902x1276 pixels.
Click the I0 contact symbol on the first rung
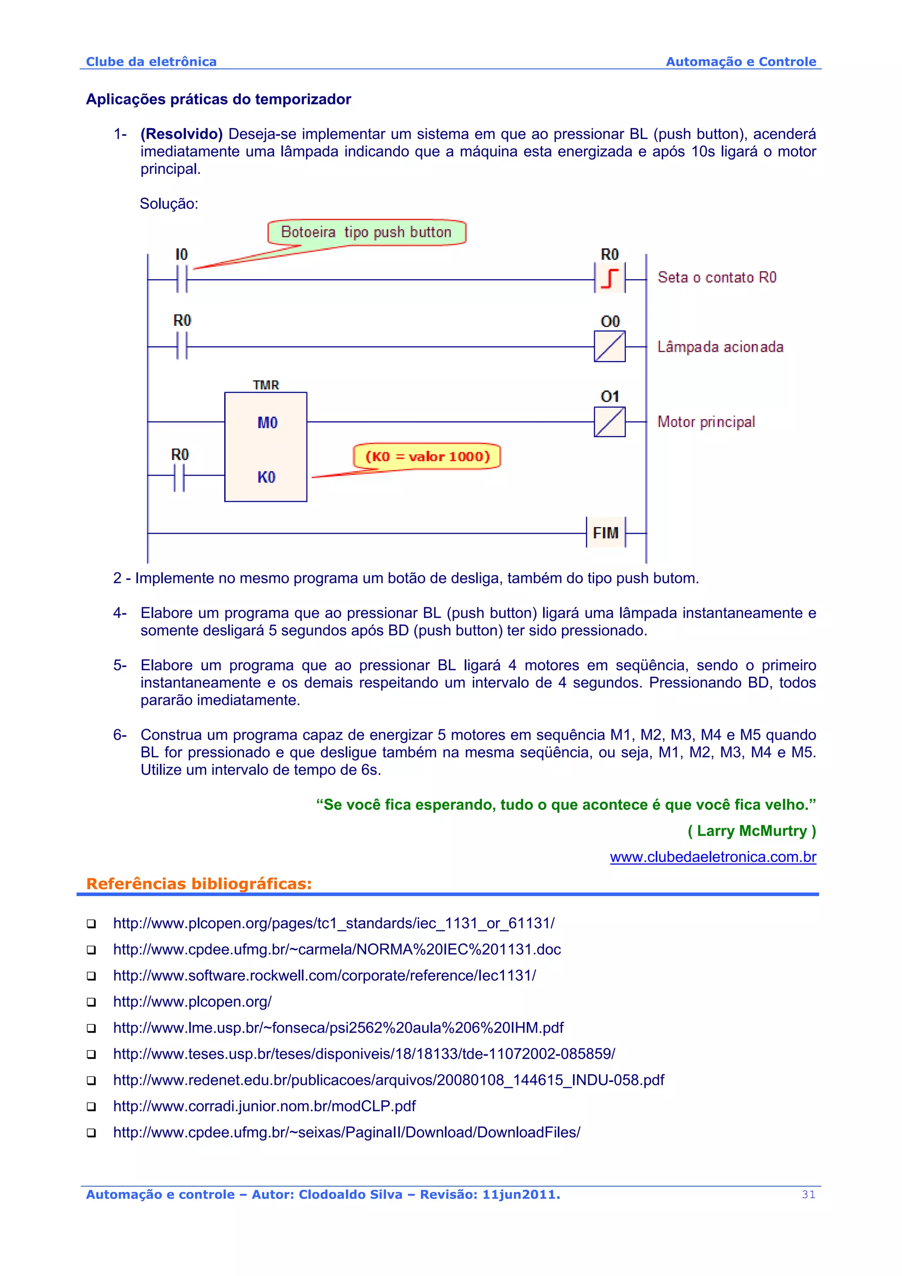coord(182,279)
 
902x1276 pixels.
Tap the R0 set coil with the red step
coord(610,278)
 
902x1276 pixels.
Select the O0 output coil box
coord(610,346)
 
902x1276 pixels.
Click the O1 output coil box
coord(610,422)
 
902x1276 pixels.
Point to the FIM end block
coord(606,533)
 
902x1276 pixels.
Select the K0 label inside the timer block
coord(266,477)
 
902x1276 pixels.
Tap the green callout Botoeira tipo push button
coord(366,232)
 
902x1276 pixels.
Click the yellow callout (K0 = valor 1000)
coord(427,456)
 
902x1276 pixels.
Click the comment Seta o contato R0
coord(717,277)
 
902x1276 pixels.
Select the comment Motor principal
coord(706,422)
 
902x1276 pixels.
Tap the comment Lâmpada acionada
coord(720,347)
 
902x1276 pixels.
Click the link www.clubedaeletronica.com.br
coord(713,857)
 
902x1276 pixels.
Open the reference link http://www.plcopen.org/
coord(192,1001)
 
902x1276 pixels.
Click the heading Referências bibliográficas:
coord(199,884)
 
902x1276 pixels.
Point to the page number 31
coord(809,1194)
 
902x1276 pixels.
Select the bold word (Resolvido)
coord(181,134)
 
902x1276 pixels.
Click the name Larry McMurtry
coord(751,831)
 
